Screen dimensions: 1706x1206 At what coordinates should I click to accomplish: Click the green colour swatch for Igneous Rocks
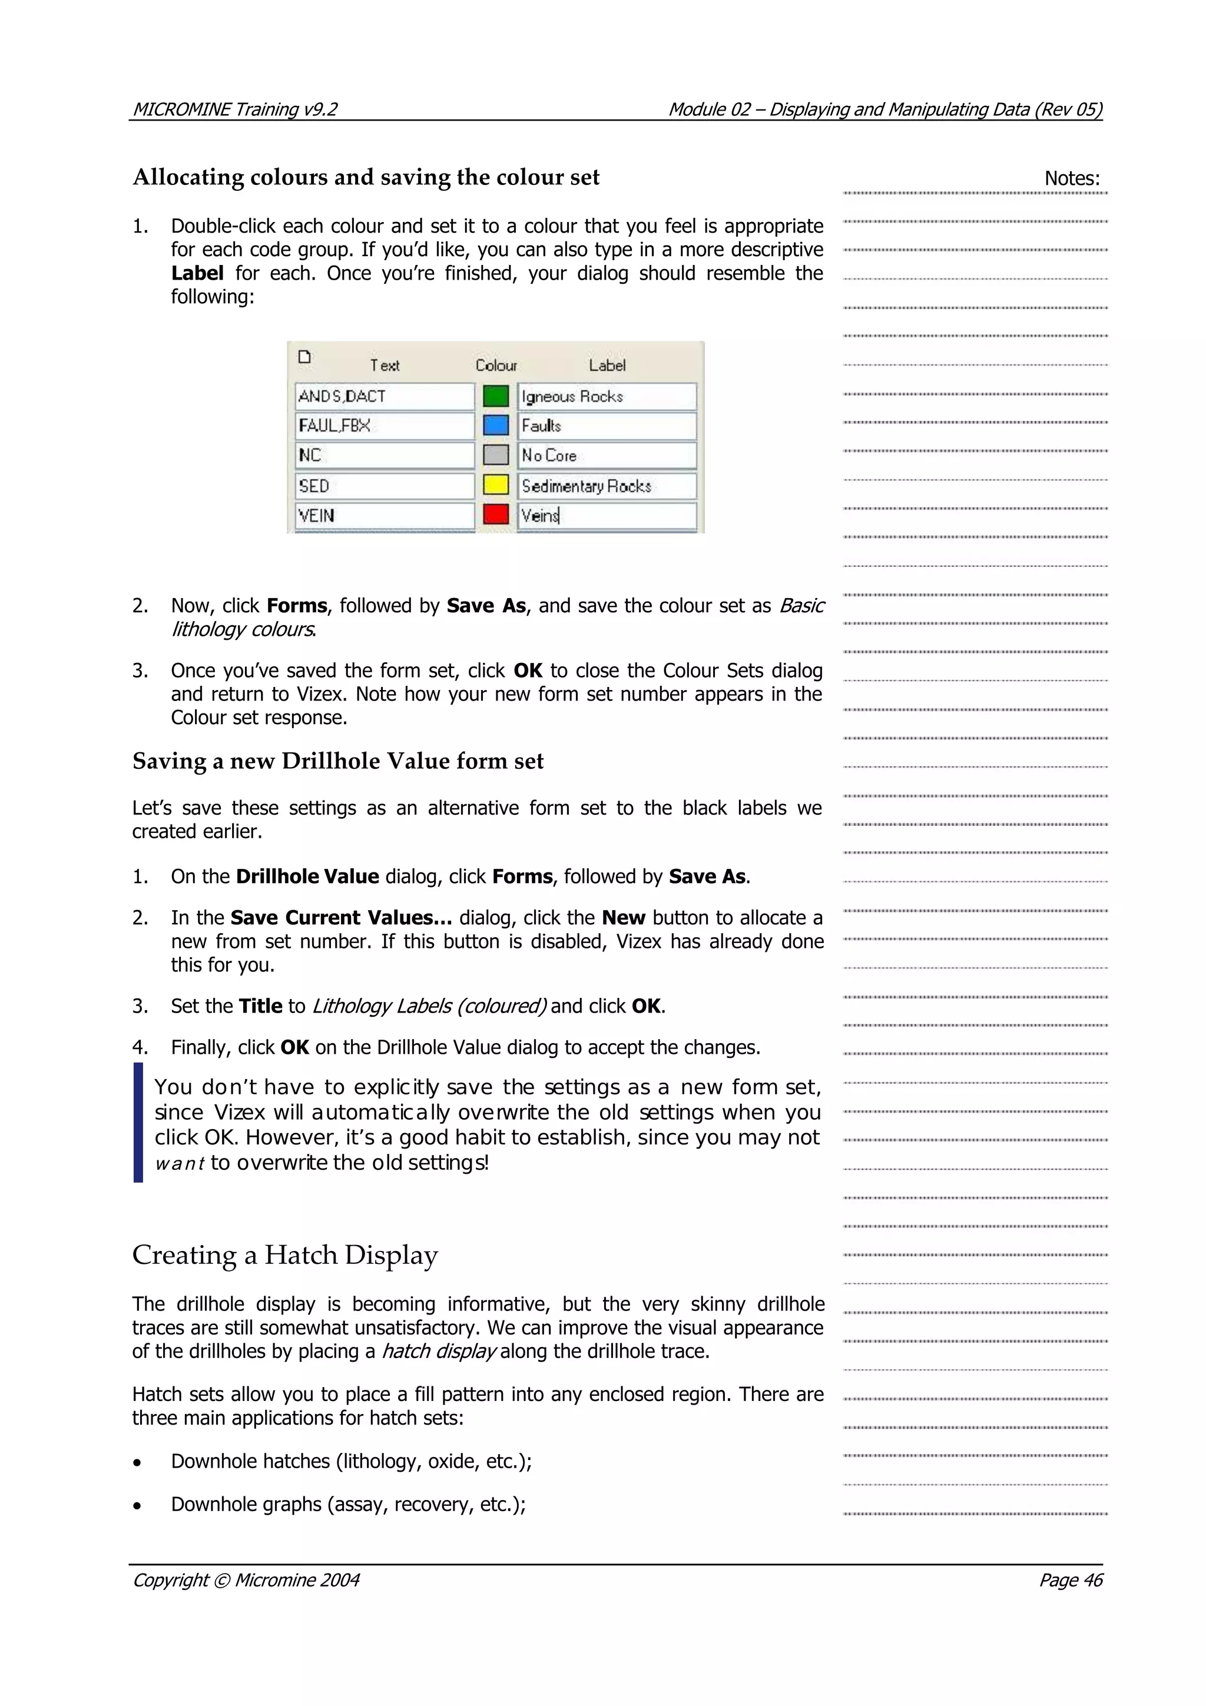[x=496, y=396]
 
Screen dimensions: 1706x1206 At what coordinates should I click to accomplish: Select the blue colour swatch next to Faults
[x=496, y=426]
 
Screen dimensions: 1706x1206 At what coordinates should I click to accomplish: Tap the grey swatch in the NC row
[x=496, y=454]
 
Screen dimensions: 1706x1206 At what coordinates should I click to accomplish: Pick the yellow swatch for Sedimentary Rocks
[x=496, y=485]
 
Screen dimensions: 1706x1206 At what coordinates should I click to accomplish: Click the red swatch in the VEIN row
[x=496, y=514]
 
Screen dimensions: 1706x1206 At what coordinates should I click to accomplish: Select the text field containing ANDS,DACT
[x=384, y=396]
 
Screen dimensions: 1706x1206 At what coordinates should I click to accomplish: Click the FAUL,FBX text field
[x=384, y=426]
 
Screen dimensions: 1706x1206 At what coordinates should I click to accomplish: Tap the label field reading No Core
[x=607, y=456]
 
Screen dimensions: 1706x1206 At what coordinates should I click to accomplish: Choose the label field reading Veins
[x=607, y=515]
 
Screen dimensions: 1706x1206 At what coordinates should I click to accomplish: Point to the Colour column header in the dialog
[x=496, y=366]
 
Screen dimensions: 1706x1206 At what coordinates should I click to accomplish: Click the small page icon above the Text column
[x=304, y=357]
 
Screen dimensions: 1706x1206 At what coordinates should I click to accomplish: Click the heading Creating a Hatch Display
[x=284, y=1255]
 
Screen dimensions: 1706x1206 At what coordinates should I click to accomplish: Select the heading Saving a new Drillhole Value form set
[x=337, y=761]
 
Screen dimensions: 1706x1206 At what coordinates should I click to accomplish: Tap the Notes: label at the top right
[x=1072, y=178]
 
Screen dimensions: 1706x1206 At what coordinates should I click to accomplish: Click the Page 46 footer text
[x=1070, y=1579]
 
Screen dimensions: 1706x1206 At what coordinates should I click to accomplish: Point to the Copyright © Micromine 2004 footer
[x=245, y=1579]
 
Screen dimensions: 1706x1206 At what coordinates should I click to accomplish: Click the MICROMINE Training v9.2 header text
[x=234, y=110]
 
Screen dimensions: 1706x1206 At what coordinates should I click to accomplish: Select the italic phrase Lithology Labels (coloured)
[x=429, y=1006]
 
